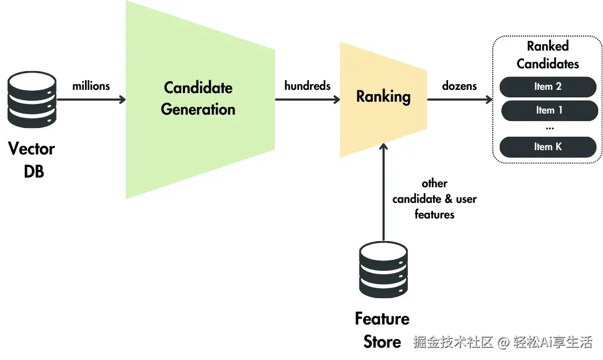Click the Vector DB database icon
click(x=32, y=99)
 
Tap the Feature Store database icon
click(x=384, y=269)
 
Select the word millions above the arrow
click(x=91, y=86)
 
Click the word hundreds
click(x=307, y=86)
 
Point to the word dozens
click(x=459, y=86)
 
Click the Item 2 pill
click(x=548, y=87)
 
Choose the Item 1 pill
click(x=549, y=110)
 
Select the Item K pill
click(x=548, y=147)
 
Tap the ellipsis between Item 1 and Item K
click(x=550, y=128)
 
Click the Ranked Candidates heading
click(x=548, y=54)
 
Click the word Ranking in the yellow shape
click(x=384, y=96)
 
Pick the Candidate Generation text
click(x=198, y=98)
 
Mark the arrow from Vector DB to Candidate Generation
click(x=91, y=100)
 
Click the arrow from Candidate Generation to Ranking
click(x=307, y=100)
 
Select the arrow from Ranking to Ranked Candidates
click(x=459, y=100)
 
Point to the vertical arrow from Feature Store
click(x=384, y=192)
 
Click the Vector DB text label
click(x=32, y=160)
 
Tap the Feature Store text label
click(x=382, y=330)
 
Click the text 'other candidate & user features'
click(x=435, y=199)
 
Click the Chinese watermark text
click(x=503, y=342)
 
